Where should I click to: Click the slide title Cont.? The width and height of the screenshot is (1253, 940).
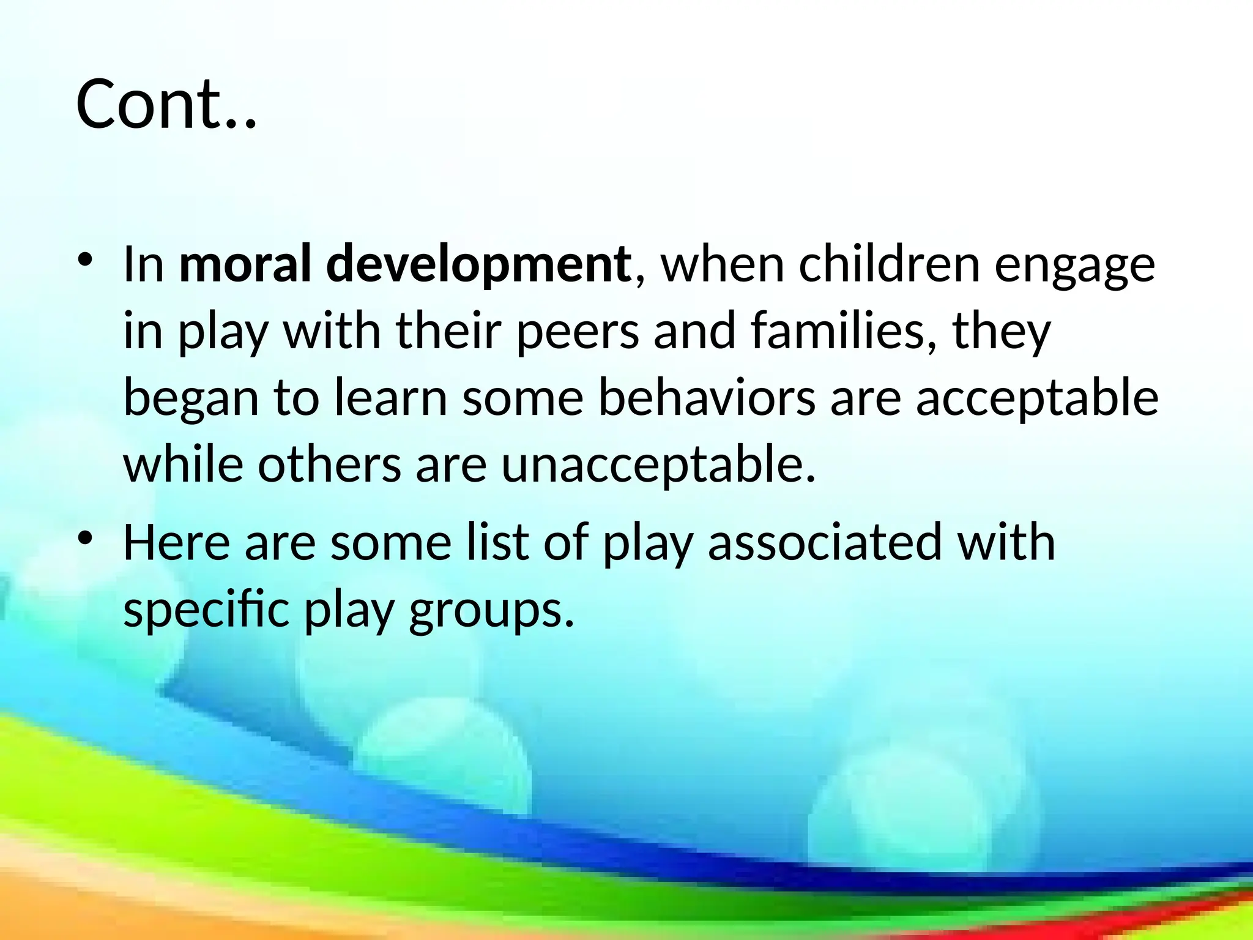pos(165,104)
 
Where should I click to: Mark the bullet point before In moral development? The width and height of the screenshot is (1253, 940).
pos(85,259)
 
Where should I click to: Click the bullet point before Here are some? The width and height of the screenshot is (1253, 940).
pos(85,538)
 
